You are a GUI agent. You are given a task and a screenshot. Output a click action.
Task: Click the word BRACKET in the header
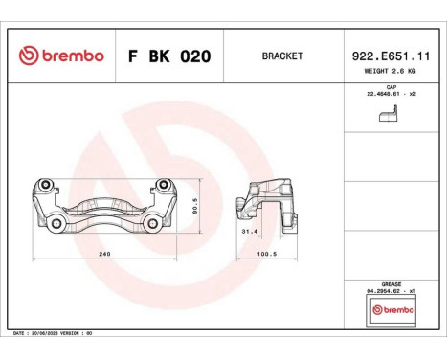(x=281, y=56)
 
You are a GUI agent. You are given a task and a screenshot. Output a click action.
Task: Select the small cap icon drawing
(x=387, y=114)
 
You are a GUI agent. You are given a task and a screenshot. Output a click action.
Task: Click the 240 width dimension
(x=105, y=254)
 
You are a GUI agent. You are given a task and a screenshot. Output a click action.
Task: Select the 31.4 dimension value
(x=249, y=232)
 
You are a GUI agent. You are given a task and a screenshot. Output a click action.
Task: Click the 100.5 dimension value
(x=267, y=254)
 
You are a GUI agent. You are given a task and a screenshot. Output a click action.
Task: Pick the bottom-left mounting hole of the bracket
(x=57, y=224)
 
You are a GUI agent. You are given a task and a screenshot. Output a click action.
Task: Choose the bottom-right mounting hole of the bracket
(x=152, y=224)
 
